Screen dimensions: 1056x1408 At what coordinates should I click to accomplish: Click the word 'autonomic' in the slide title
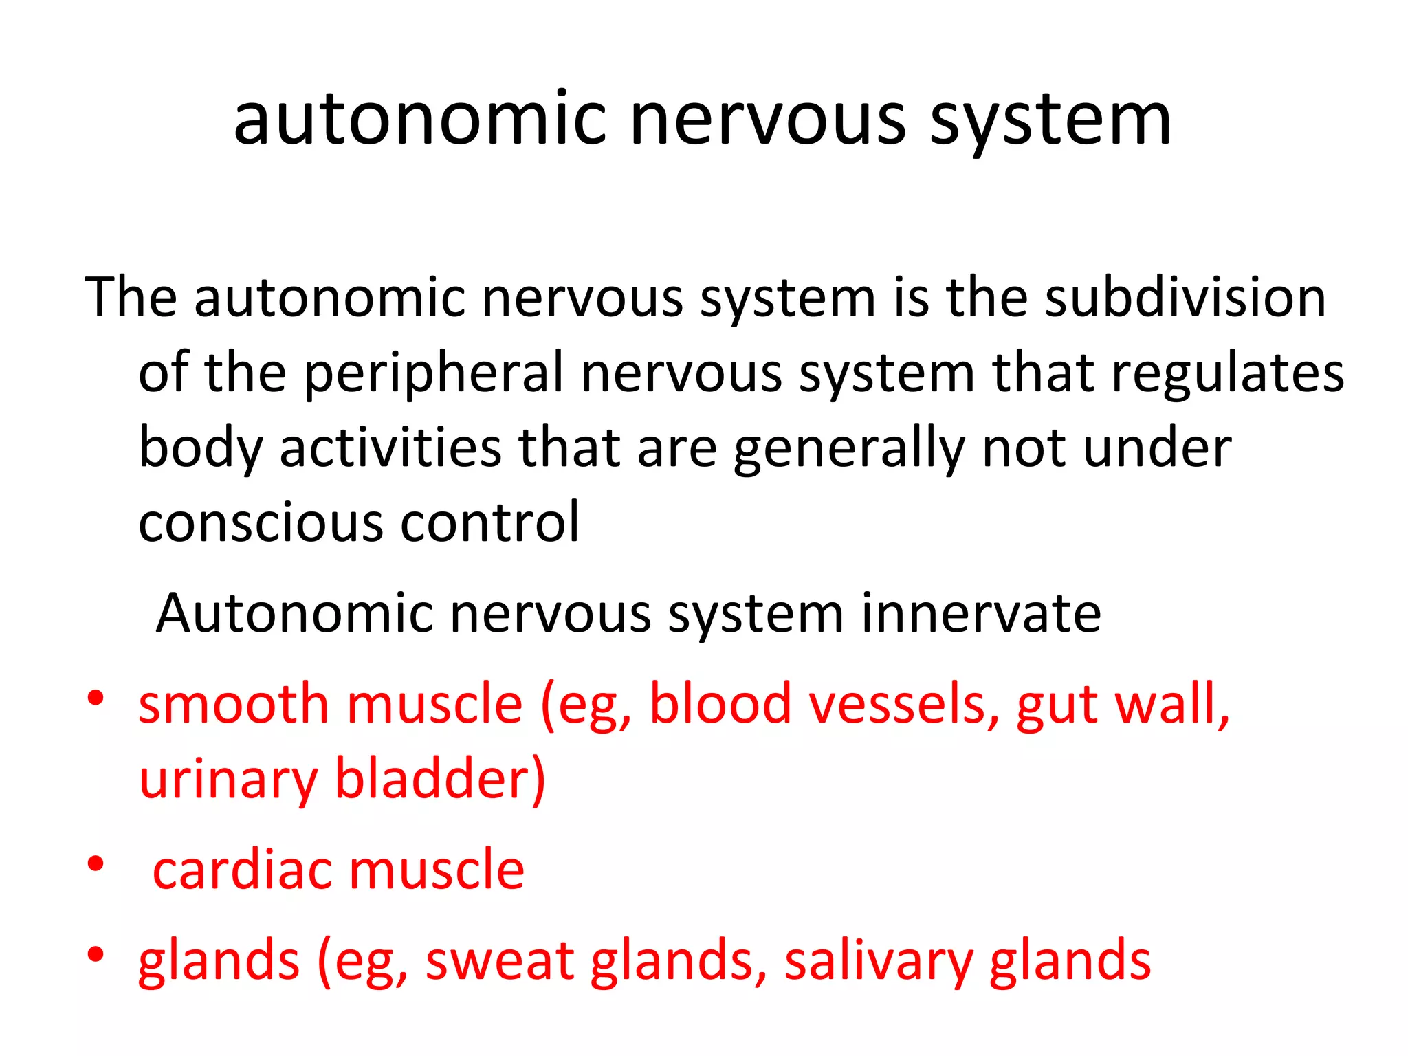(420, 120)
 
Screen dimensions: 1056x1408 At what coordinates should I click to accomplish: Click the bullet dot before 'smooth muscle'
(96, 698)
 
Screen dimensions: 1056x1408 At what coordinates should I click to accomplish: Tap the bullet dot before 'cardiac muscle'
(96, 863)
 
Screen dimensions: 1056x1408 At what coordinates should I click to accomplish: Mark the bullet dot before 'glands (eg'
(96, 954)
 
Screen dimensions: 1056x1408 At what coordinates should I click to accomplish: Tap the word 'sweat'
(499, 961)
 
